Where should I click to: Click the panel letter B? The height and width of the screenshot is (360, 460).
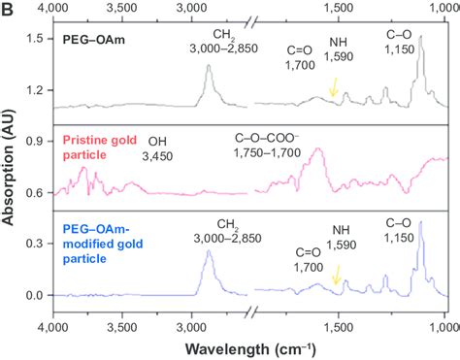click(x=9, y=10)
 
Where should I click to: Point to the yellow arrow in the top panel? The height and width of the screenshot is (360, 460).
click(x=334, y=88)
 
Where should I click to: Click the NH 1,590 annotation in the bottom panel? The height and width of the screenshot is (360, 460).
click(x=341, y=237)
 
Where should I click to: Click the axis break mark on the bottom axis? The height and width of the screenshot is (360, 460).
click(x=250, y=311)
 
